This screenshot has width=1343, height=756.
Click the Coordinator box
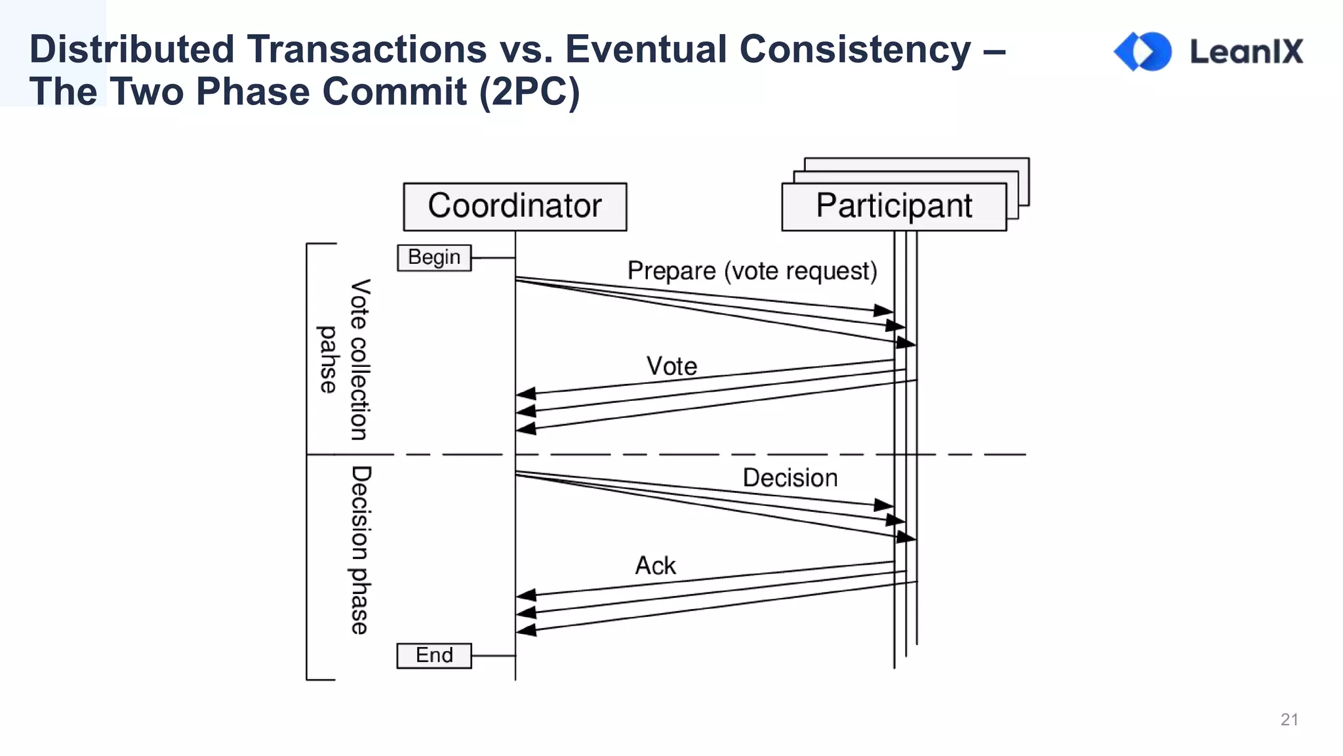coord(515,207)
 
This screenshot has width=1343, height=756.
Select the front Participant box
coord(893,207)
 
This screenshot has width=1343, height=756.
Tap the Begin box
coord(434,257)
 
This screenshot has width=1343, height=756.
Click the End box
coord(434,656)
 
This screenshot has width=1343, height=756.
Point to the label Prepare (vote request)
coord(752,271)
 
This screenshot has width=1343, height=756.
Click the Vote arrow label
coord(671,366)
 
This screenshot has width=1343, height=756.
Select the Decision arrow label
coord(790,478)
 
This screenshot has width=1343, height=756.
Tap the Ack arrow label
coord(655,566)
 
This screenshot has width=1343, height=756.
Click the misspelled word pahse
coord(327,360)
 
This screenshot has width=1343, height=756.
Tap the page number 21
coord(1289,719)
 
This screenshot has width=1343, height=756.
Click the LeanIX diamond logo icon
coord(1143,51)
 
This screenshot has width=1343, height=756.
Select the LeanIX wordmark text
coord(1247,52)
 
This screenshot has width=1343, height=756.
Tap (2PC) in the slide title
coord(530,91)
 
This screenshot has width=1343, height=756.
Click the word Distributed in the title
coord(132,49)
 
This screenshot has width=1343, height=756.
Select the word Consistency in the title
coord(855,49)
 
